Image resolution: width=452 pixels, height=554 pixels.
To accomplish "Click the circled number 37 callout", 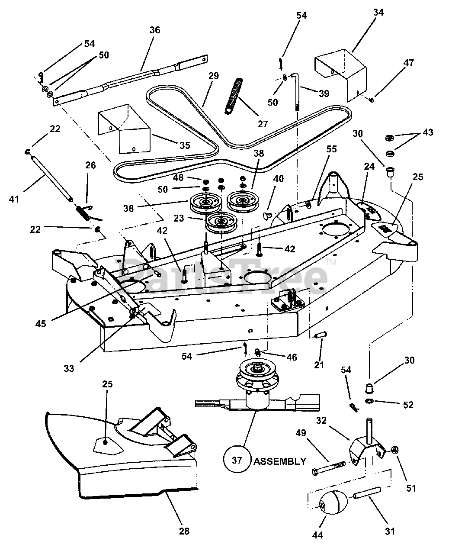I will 237,460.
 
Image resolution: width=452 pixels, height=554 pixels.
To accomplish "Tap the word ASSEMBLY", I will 279,461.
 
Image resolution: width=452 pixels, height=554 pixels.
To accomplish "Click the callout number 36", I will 154,30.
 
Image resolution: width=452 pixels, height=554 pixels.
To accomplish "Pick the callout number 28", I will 184,531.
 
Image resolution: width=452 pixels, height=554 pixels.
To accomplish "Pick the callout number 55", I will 331,148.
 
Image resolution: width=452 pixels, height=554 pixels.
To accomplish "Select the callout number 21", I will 319,364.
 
